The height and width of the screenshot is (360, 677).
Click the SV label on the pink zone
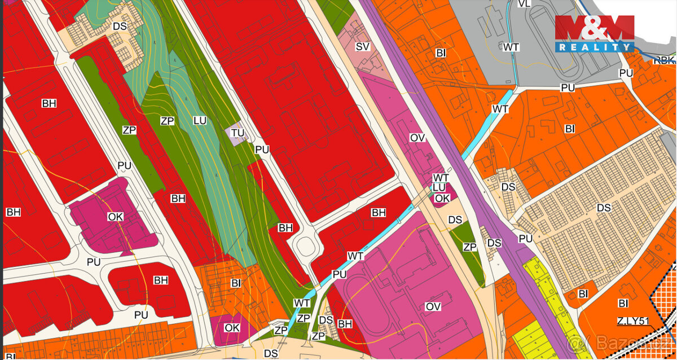point(362,46)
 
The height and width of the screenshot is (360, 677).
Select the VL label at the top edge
point(524,4)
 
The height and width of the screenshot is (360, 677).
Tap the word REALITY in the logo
point(595,47)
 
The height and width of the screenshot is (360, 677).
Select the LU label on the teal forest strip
point(200,121)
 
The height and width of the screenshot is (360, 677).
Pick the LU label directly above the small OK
point(439,187)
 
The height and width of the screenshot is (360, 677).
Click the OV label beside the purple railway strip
point(417,138)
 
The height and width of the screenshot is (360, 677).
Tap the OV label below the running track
point(433,306)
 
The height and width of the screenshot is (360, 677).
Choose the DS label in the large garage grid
point(604,208)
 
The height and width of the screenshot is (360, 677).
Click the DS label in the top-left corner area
point(120,26)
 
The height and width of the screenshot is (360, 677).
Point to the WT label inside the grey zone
point(512,46)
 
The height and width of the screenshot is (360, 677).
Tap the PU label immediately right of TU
point(262,150)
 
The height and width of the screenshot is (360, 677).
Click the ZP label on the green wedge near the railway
point(469,247)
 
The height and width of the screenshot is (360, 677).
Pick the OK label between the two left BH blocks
point(115,217)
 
